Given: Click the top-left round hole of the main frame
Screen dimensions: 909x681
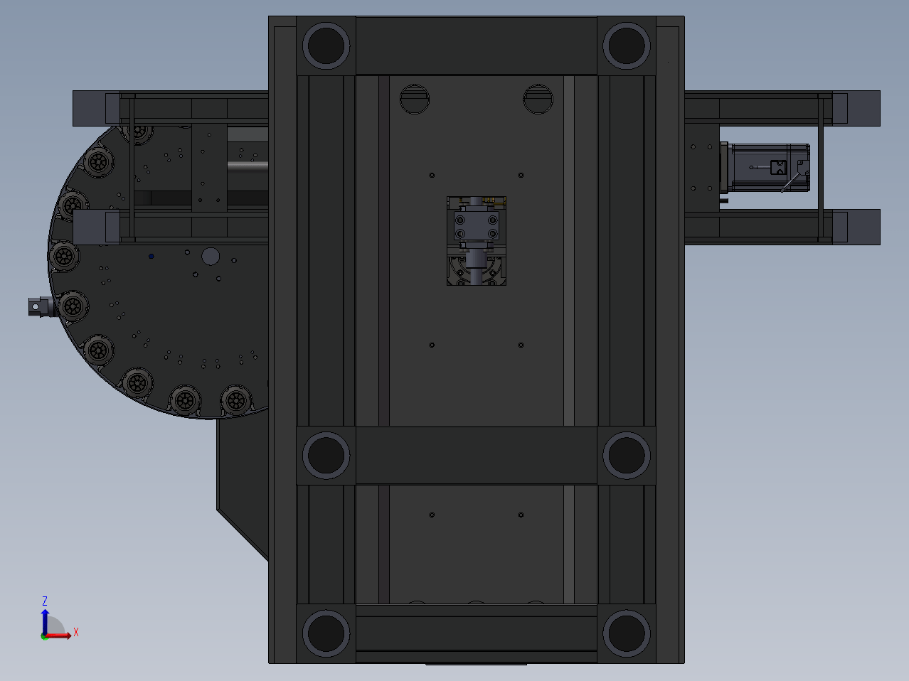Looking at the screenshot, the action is pos(326,45).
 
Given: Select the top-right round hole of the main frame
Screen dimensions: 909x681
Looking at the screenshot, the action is pos(626,45).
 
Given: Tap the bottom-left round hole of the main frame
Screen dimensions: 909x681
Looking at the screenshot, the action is pos(326,633).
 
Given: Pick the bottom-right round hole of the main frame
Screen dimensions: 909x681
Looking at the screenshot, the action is pos(626,633).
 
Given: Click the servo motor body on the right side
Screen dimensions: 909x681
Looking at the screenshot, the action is pos(766,168).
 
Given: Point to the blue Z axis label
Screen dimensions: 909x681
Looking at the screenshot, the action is pos(45,601).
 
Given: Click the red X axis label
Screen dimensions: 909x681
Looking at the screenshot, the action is pos(76,632).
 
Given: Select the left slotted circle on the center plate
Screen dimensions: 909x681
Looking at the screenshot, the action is pos(415,100).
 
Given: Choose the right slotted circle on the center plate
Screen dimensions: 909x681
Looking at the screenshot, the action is pos(538,100).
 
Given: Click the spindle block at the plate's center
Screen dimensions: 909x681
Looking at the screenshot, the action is pos(477,241).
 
